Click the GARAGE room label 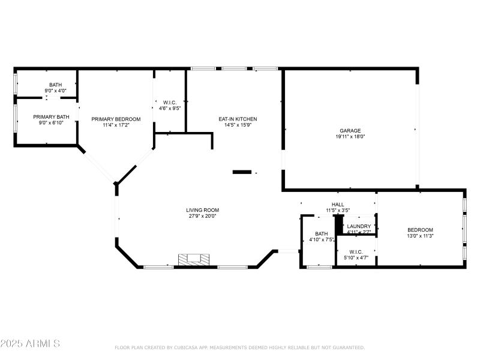coord(350,130)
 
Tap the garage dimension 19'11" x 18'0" coord(350,137)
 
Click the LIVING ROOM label coord(202,209)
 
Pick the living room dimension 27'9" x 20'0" coord(202,216)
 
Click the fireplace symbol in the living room coord(193,259)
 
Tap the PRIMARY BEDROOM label coord(116,119)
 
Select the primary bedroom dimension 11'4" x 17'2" coord(116,125)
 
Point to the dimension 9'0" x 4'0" coord(55,91)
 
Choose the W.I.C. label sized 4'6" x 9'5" coord(169,102)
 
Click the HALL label coord(338,204)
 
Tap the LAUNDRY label coord(359,226)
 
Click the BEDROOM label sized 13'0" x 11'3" coord(420,230)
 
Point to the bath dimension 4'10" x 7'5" coord(322,240)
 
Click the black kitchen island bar coord(242,172)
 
